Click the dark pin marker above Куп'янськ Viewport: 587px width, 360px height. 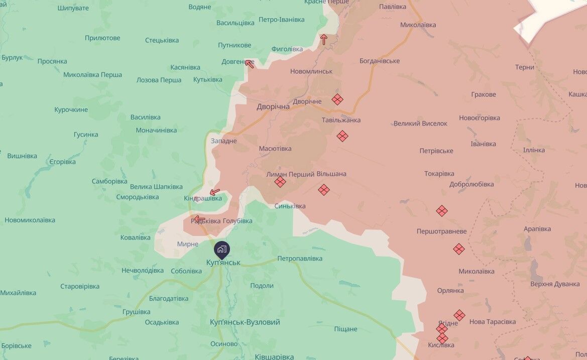pyautogui.click(x=222, y=249)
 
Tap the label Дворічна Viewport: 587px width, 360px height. pyautogui.click(x=273, y=106)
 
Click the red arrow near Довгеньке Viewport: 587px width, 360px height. pyautogui.click(x=249, y=63)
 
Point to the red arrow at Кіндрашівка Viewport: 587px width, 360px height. pyautogui.click(x=215, y=191)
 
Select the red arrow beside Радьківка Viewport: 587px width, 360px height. pyautogui.click(x=199, y=219)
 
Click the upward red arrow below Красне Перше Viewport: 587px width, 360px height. pyautogui.click(x=324, y=39)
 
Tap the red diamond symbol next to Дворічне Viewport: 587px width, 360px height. pyautogui.click(x=337, y=99)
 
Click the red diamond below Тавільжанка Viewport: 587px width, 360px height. pyautogui.click(x=342, y=136)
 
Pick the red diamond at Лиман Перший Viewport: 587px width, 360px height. pyautogui.click(x=280, y=182)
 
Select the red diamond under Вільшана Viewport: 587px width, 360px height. pyautogui.click(x=324, y=190)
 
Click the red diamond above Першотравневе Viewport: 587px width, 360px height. pyautogui.click(x=442, y=211)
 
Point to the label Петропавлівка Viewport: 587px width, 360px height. pyautogui.click(x=300, y=259)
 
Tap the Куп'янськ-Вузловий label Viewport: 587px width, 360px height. pyautogui.click(x=245, y=322)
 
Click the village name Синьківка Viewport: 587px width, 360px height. pyautogui.click(x=290, y=206)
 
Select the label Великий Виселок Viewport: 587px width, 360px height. pyautogui.click(x=420, y=123)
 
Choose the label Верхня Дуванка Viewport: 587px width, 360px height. pyautogui.click(x=554, y=284)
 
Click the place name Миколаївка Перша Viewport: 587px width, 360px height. pyautogui.click(x=92, y=75)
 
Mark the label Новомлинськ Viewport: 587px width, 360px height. pyautogui.click(x=311, y=71)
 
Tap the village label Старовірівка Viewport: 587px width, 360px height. pyautogui.click(x=80, y=286)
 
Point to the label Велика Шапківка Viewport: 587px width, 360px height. pyautogui.click(x=156, y=187)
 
